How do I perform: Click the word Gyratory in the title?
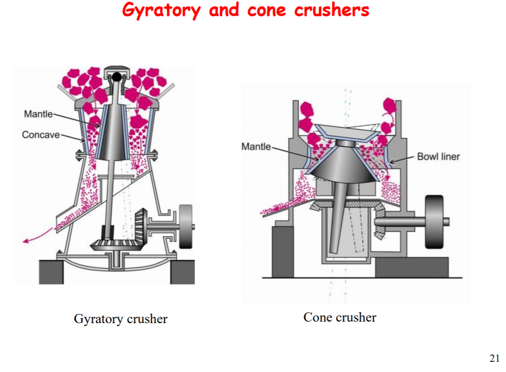click(161, 10)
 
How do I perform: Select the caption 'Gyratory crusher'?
click(121, 319)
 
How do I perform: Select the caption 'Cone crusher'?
click(340, 318)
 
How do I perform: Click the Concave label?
click(41, 135)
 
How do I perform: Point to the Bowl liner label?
click(438, 156)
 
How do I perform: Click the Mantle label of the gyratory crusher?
click(38, 113)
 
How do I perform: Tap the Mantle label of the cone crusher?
click(256, 147)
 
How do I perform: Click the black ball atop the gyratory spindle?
click(117, 77)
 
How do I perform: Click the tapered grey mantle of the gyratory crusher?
click(112, 135)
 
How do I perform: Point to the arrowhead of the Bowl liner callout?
click(390, 162)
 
